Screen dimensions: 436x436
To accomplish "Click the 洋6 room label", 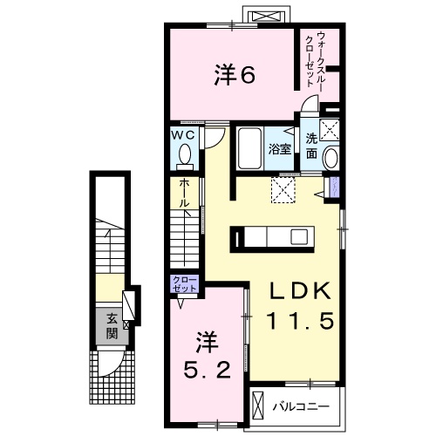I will (x=234, y=76).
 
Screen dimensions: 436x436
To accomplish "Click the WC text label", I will (x=184, y=136).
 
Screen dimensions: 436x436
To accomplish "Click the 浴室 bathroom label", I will (x=279, y=149).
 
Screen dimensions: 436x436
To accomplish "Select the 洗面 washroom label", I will (x=311, y=146).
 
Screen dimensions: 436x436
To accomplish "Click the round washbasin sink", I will (x=330, y=160).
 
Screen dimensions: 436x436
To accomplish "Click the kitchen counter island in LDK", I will (x=271, y=236).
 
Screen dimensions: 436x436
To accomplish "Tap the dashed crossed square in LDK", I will (x=283, y=190).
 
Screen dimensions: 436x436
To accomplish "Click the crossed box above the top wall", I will (x=266, y=16).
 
